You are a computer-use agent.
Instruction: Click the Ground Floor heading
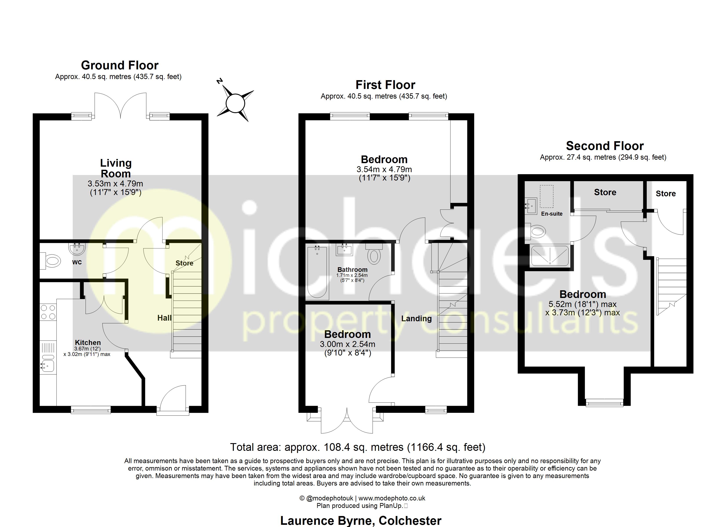click(x=120, y=65)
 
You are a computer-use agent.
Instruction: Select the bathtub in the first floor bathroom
click(x=317, y=272)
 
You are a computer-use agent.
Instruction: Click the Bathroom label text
click(x=352, y=270)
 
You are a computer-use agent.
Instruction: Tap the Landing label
click(x=416, y=318)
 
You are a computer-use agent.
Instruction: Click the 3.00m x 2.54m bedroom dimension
click(x=348, y=344)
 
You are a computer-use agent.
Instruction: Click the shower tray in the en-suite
click(x=549, y=256)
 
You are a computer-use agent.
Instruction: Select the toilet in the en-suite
click(x=536, y=231)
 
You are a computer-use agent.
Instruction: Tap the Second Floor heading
click(x=604, y=146)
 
